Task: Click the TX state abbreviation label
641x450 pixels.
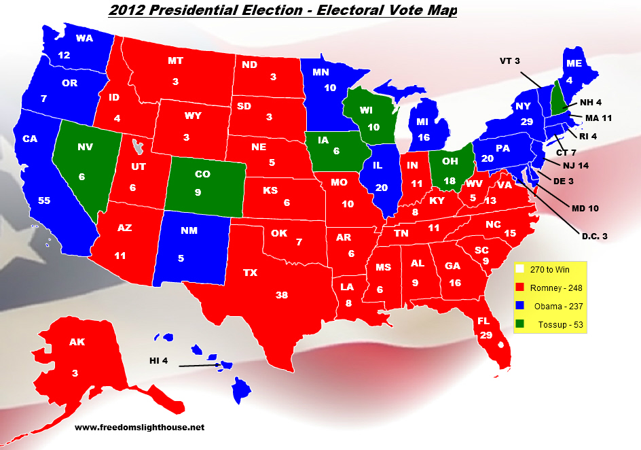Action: [x=250, y=273]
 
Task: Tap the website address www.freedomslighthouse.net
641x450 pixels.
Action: [x=139, y=428]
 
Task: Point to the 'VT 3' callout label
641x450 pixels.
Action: [x=509, y=61]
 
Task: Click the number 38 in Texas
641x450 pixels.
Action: [x=281, y=295]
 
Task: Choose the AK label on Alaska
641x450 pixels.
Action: [x=76, y=342]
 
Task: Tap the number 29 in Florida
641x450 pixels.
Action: [x=486, y=336]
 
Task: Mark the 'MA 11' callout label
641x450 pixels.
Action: [x=598, y=118]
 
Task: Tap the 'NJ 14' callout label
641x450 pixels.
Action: [x=574, y=165]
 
